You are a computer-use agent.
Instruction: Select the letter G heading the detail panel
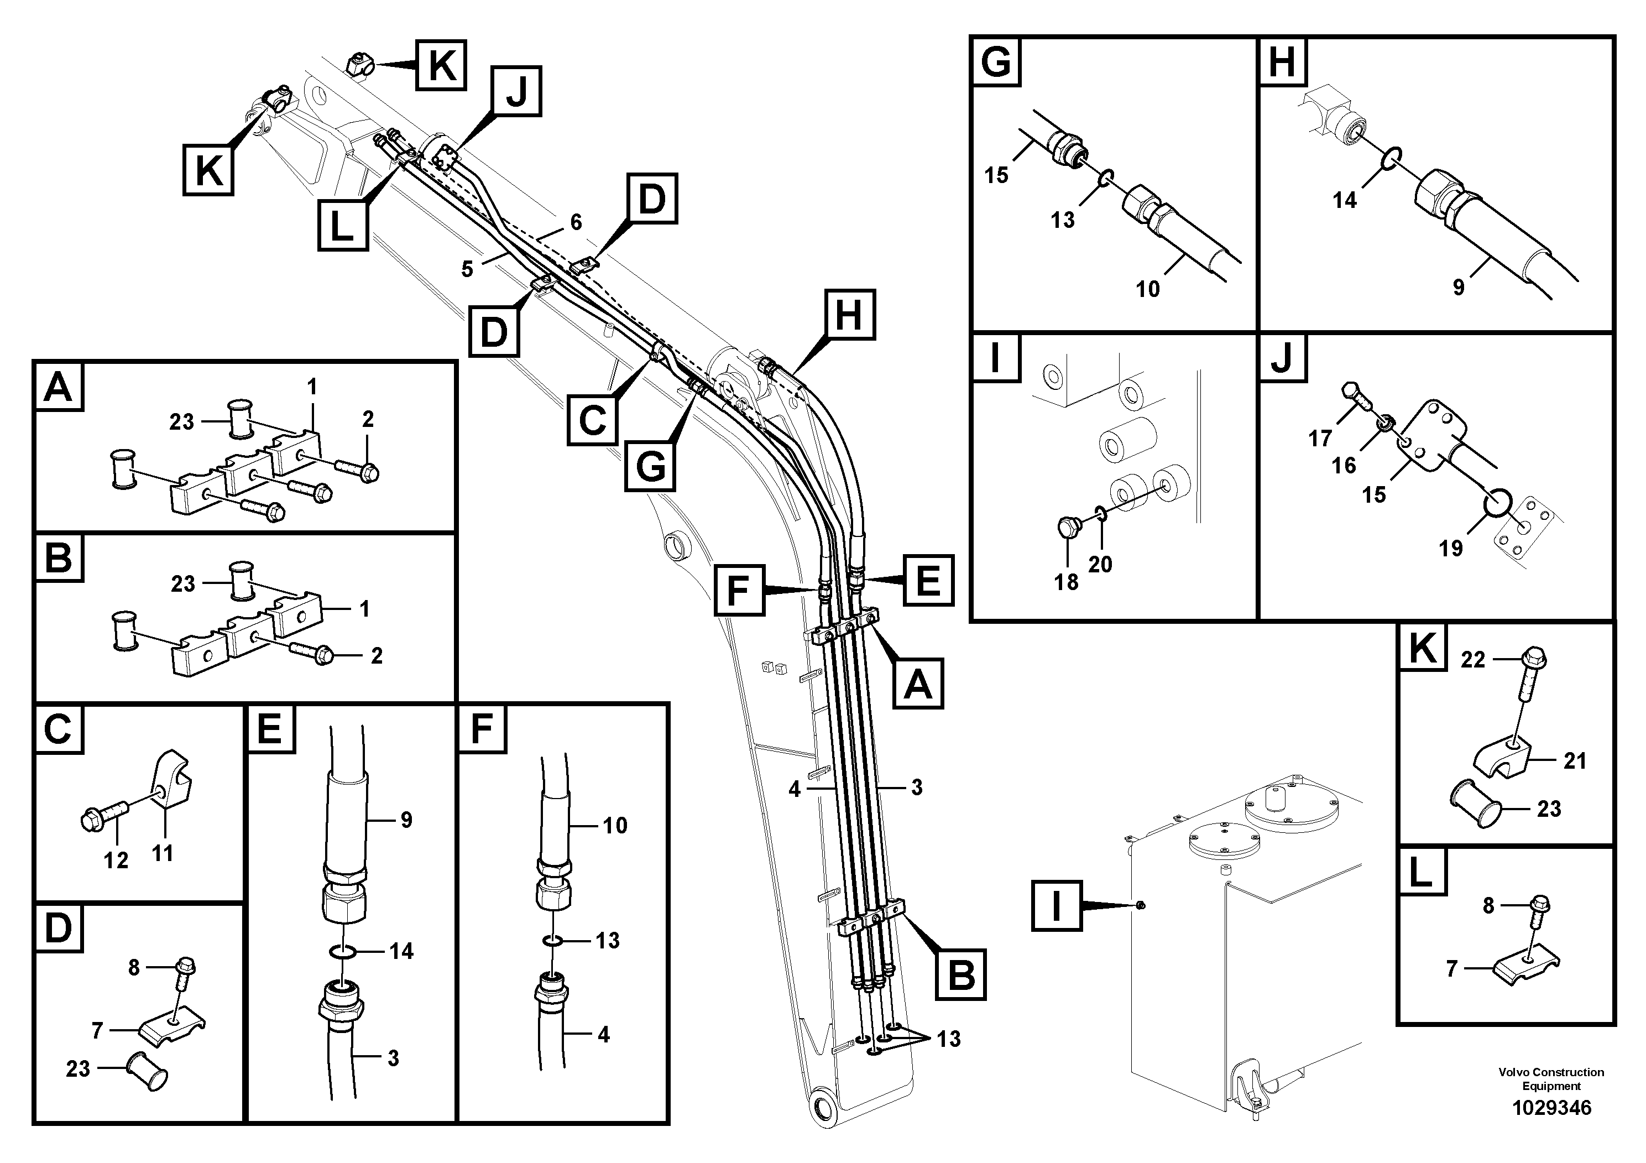click(996, 62)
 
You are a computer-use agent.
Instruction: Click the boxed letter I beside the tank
click(1056, 906)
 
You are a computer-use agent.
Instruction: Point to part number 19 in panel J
click(1450, 549)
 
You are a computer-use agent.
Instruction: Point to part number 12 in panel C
click(116, 860)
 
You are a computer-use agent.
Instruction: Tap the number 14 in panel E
click(401, 952)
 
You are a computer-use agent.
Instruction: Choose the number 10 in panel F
click(614, 826)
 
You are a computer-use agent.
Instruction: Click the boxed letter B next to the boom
click(960, 974)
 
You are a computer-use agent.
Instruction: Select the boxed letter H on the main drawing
click(849, 314)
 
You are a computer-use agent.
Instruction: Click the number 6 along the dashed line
click(576, 222)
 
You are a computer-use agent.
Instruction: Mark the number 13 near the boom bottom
click(948, 1039)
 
